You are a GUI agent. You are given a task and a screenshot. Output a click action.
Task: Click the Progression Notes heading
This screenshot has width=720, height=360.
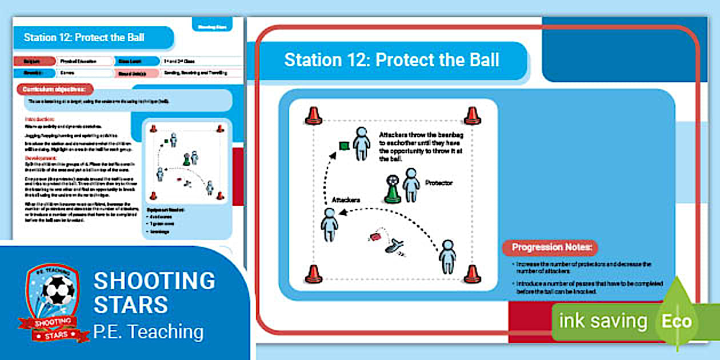click(x=550, y=247)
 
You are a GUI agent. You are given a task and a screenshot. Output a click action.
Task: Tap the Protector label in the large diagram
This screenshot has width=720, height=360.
click(x=438, y=183)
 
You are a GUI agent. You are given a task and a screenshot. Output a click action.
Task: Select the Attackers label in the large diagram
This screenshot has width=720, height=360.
click(x=346, y=200)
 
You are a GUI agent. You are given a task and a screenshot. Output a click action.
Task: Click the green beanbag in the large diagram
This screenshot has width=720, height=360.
click(x=344, y=146)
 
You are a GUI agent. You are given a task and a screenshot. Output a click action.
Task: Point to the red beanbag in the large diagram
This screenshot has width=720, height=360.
click(x=375, y=236)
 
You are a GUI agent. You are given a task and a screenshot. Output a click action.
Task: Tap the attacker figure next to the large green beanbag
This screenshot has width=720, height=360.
click(x=361, y=143)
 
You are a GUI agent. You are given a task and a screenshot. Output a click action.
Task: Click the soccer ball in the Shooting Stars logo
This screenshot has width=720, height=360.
click(x=59, y=291)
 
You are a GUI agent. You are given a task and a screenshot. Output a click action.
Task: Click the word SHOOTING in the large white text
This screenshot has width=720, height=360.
click(x=154, y=281)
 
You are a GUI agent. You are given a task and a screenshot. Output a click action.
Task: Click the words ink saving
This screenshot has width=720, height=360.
click(x=602, y=321)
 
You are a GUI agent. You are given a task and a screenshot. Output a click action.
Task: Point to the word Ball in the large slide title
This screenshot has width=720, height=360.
click(x=481, y=60)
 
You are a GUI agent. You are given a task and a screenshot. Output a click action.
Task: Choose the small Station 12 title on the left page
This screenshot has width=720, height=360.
click(x=84, y=38)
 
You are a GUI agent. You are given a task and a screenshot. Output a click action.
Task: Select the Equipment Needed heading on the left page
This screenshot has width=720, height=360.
click(x=166, y=210)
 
